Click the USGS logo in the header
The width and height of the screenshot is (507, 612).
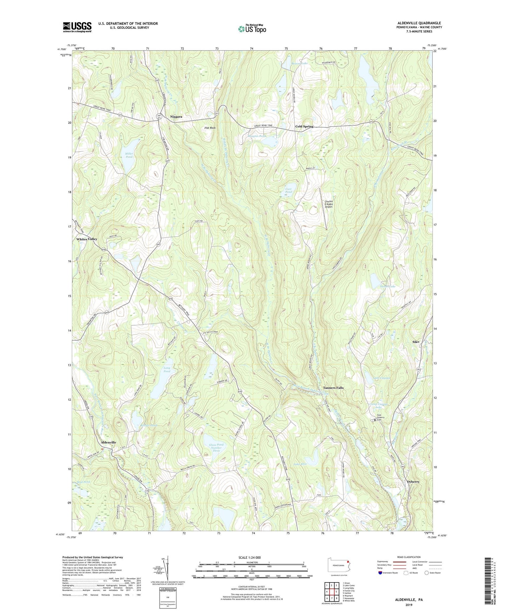click(x=77, y=27)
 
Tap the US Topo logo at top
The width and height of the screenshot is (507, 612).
click(x=252, y=28)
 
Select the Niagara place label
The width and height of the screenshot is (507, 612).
click(x=176, y=116)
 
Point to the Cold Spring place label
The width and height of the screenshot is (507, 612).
click(x=304, y=126)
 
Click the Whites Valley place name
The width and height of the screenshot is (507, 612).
click(x=87, y=239)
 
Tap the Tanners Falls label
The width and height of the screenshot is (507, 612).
click(x=333, y=388)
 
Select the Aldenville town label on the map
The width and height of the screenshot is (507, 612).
click(x=108, y=442)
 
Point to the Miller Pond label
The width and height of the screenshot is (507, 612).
click(x=129, y=155)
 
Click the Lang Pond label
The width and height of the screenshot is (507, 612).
click(x=167, y=369)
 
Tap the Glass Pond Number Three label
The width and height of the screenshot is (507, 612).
click(x=216, y=448)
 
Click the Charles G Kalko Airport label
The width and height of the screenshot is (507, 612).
click(x=328, y=204)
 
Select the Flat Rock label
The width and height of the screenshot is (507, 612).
click(x=210, y=128)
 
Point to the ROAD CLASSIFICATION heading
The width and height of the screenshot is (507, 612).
click(x=406, y=557)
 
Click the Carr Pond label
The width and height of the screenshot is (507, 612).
click(x=288, y=190)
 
